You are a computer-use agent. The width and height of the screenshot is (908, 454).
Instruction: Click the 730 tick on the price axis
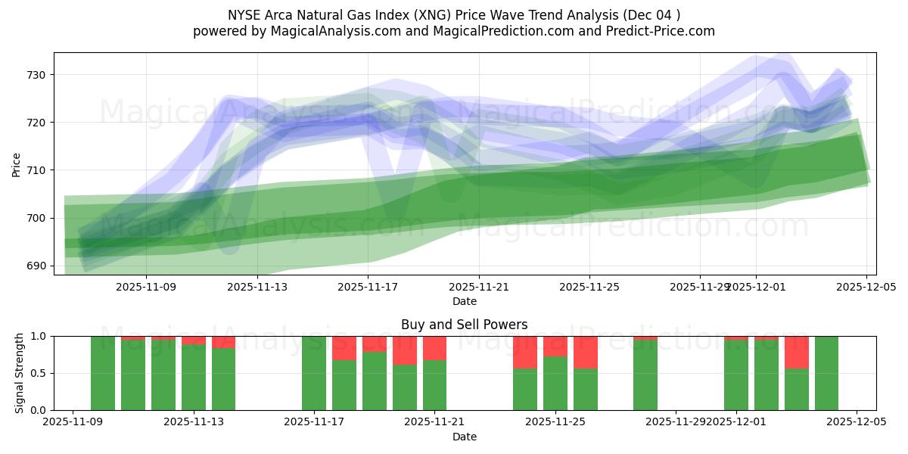point(37,75)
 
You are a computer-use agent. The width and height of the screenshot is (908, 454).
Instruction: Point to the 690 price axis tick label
point(37,266)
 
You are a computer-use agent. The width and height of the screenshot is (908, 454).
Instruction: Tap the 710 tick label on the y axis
point(37,170)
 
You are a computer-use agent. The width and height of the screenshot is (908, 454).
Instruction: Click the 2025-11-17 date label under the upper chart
point(368,288)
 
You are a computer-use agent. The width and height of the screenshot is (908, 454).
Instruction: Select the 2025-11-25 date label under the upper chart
point(589,288)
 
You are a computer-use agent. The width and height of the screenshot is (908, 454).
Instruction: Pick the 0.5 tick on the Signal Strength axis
point(39,373)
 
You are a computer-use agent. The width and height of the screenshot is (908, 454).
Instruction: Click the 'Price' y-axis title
point(17,163)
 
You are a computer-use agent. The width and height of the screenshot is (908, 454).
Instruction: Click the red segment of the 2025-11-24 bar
point(525,352)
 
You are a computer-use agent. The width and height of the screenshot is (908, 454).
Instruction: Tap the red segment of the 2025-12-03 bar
point(796,352)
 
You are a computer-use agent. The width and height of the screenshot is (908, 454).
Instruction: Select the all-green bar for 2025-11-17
point(314,373)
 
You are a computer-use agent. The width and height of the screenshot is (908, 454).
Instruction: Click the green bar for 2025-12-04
point(826,373)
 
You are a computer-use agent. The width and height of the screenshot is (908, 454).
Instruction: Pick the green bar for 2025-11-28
point(645,376)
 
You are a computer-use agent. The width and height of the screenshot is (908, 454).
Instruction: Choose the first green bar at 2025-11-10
point(103,373)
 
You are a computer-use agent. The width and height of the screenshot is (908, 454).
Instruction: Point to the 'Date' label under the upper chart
point(465,302)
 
